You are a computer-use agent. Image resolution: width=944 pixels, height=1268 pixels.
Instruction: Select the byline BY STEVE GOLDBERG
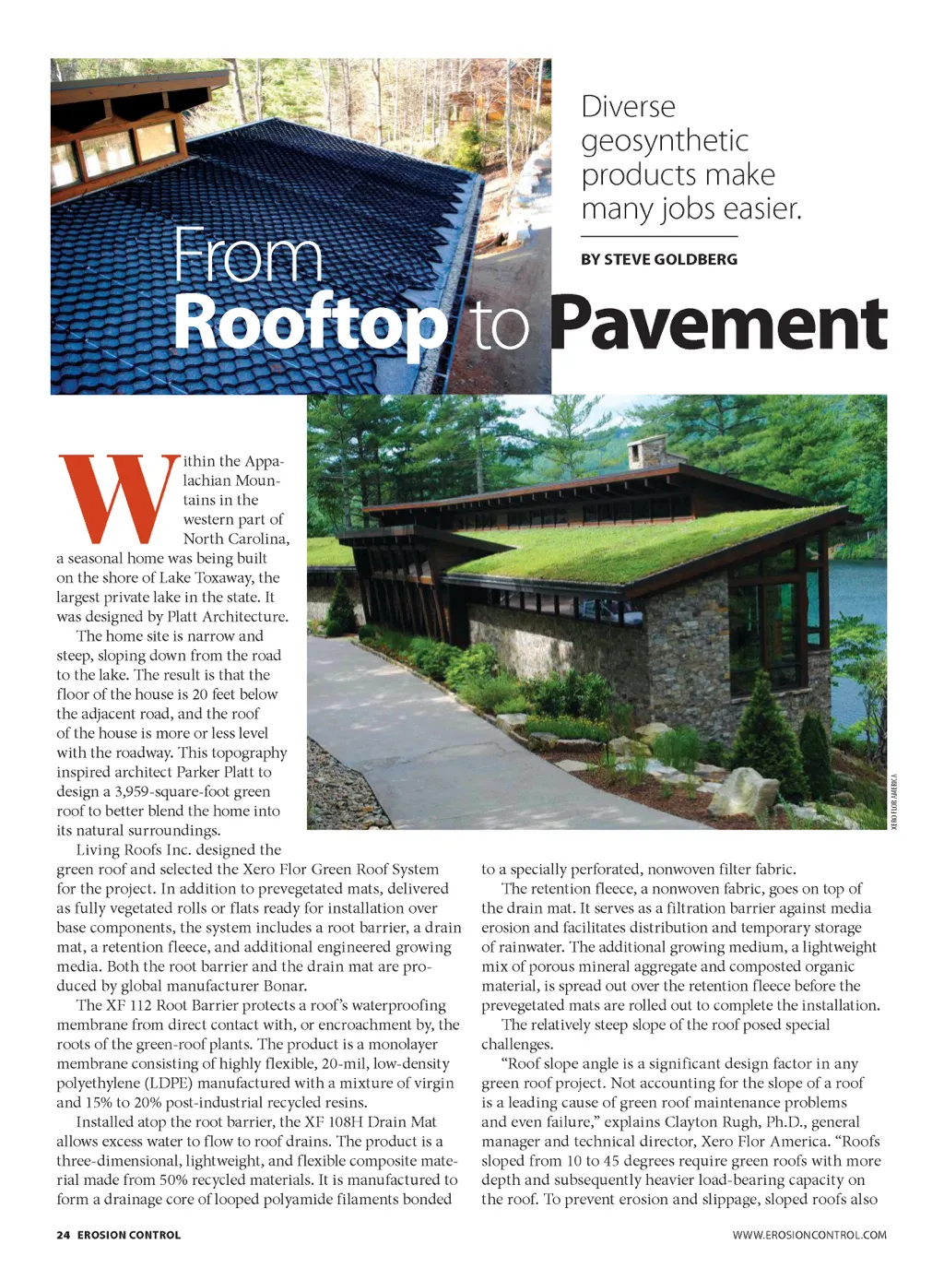658,259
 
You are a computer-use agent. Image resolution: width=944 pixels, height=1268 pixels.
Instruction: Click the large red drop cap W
117,497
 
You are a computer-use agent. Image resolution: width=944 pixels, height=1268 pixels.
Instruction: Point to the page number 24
63,1235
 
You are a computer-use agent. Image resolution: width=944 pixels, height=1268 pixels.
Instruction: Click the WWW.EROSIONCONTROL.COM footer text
809,1235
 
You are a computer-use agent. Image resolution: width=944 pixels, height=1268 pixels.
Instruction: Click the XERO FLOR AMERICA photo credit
893,800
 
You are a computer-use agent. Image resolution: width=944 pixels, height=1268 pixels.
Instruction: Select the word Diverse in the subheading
628,107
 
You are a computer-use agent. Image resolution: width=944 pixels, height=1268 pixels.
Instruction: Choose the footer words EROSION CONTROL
129,1235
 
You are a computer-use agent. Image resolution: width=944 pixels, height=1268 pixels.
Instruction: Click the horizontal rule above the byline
658,237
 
